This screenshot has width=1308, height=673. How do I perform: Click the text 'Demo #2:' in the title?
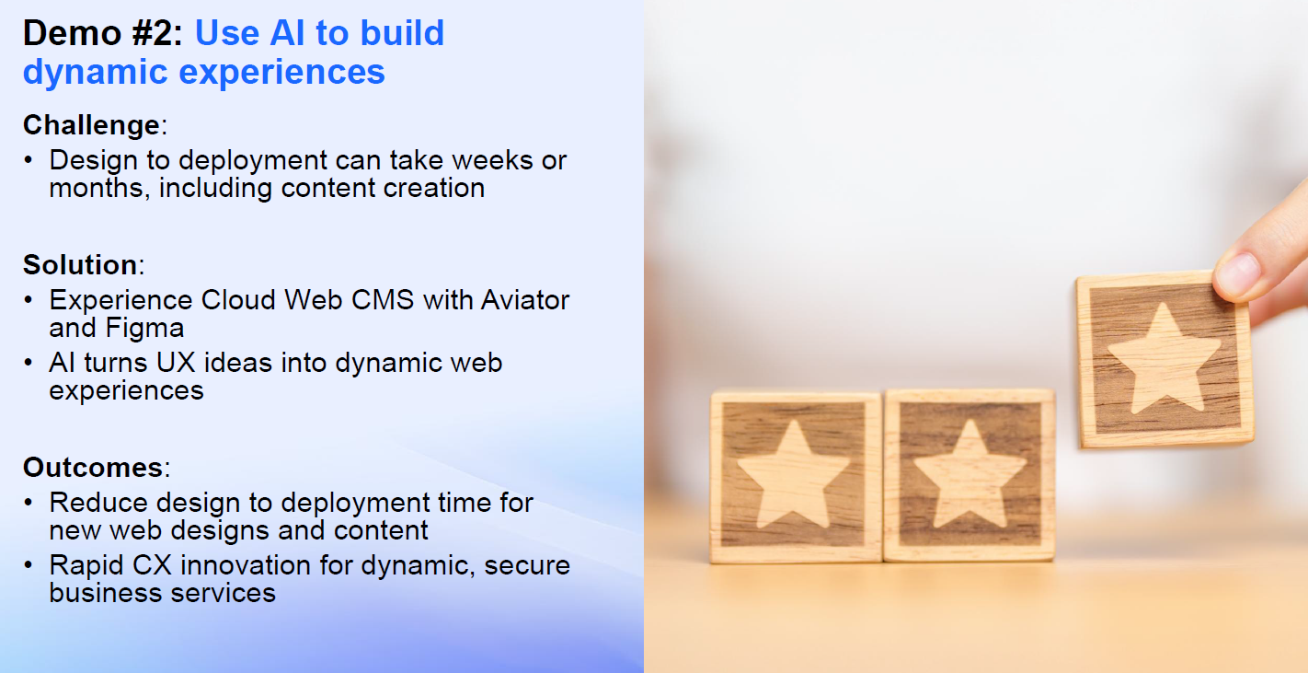click(103, 34)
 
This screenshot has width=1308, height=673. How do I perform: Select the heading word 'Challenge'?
click(91, 125)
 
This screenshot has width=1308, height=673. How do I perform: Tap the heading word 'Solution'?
click(80, 265)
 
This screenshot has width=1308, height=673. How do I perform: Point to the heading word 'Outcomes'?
click(92, 468)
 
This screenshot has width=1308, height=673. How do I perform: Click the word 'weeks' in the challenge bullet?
click(486, 160)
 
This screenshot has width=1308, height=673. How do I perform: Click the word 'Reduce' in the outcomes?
click(98, 503)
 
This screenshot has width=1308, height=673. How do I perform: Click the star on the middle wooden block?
click(970, 472)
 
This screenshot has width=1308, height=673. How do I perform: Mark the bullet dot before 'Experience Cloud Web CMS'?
click(30, 301)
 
